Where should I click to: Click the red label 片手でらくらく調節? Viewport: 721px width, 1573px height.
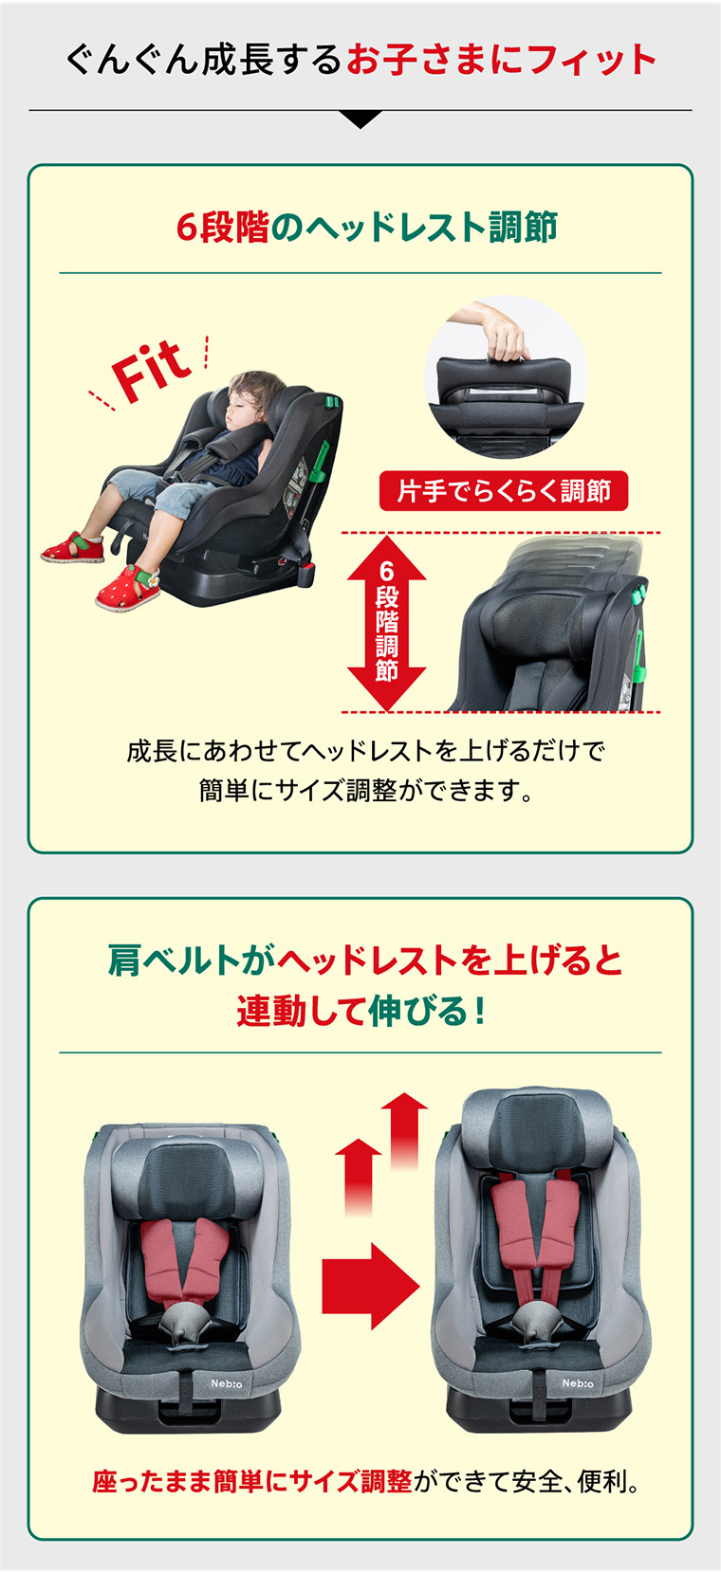503,491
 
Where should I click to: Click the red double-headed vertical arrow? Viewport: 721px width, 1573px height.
386,623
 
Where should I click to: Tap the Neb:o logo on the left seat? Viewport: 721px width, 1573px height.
227,1383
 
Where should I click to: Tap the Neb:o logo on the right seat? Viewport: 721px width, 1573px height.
577,1382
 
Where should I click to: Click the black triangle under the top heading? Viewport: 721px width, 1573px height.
360,119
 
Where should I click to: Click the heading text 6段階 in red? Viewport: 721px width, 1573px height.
222,227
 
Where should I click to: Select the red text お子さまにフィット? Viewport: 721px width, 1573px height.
501,60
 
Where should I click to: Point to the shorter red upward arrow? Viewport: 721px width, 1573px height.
359,1177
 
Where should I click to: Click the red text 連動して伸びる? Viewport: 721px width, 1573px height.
352,1011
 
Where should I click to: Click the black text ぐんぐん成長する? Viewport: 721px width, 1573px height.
204,60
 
